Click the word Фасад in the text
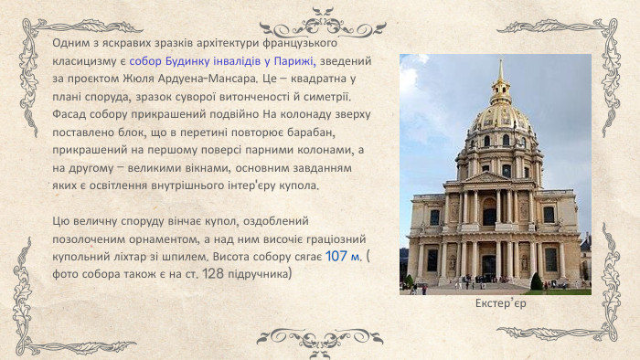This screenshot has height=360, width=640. coord(69,114)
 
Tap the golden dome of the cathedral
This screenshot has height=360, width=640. coord(500,118)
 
